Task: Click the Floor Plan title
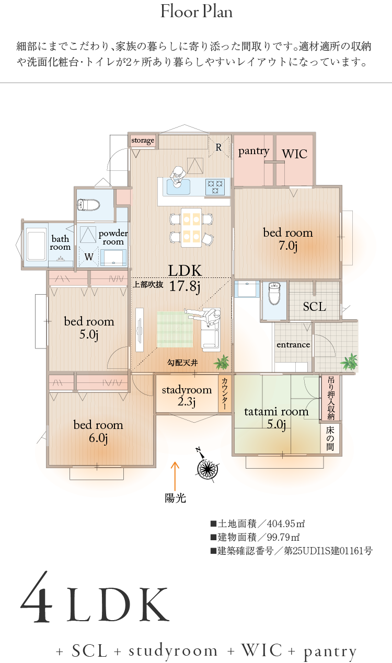[197, 12]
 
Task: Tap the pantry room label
[253, 151]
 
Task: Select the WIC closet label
[294, 154]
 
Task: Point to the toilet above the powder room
[88, 205]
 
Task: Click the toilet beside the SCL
[274, 293]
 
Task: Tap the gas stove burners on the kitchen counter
[215, 187]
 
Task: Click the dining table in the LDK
[191, 228]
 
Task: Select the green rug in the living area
[175, 329]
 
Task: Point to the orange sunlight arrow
[175, 476]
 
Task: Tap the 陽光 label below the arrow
[175, 498]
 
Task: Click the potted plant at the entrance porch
[349, 362]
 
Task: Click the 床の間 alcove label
[330, 438]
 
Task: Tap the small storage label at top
[143, 141]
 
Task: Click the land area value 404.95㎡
[286, 524]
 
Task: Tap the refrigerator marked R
[219, 147]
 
